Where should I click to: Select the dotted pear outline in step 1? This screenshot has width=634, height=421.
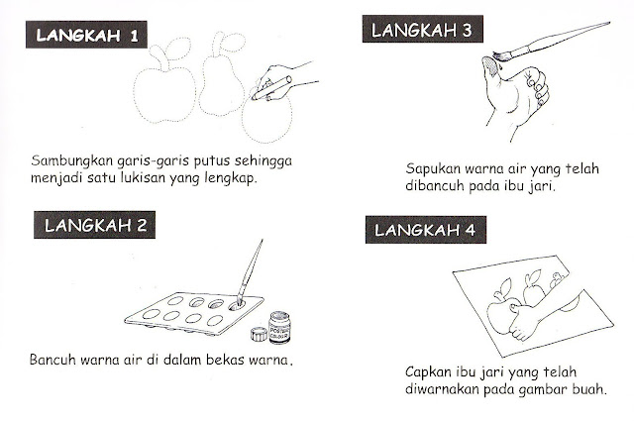click(x=221, y=79)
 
